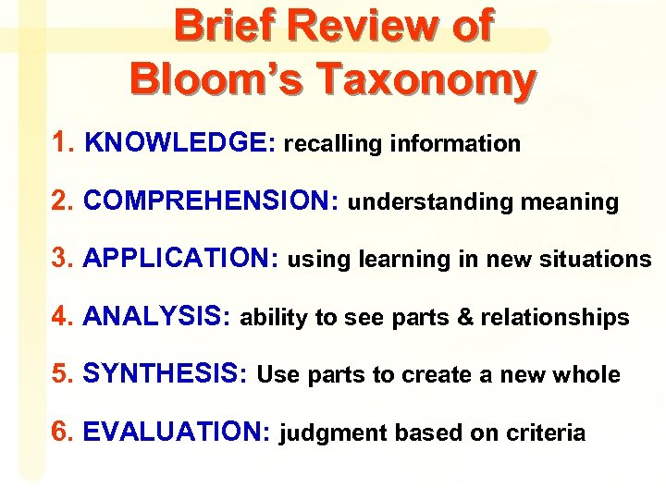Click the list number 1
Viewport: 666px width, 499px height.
pos(62,142)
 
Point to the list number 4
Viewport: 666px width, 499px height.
pos(62,317)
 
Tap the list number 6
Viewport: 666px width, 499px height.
pos(62,432)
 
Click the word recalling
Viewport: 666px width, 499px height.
pos(334,144)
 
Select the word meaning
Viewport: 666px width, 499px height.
pos(570,201)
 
